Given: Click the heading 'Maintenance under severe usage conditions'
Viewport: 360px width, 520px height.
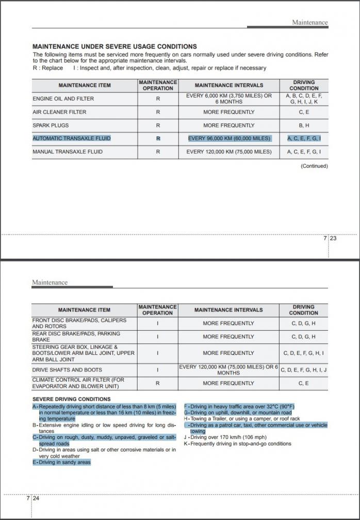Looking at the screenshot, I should click(x=114, y=46).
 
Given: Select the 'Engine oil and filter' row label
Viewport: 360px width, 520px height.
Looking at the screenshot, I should click(x=63, y=99).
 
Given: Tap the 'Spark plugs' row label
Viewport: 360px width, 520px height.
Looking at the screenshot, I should click(x=51, y=125).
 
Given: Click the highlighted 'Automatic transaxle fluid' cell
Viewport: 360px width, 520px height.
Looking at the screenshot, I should click(x=72, y=138).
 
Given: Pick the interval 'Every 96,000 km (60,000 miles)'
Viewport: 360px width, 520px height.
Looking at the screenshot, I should click(x=229, y=138).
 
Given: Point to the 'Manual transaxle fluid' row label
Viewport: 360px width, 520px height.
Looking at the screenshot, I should click(x=68, y=152).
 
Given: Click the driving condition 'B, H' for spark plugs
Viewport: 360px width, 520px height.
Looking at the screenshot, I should click(x=304, y=125).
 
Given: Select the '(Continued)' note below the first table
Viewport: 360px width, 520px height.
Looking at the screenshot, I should click(x=314, y=166).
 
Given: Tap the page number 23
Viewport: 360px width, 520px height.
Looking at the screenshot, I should click(x=333, y=238).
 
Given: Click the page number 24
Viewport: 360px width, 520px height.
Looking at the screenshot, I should click(x=36, y=498).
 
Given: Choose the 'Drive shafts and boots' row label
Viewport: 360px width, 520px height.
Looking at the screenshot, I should click(x=67, y=370).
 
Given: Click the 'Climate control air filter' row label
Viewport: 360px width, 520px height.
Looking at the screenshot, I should click(x=78, y=383).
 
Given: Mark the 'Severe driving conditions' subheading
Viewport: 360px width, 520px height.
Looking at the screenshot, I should click(x=71, y=399).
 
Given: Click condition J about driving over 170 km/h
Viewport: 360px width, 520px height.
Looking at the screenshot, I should click(x=225, y=437).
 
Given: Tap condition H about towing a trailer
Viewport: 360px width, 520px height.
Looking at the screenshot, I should click(x=242, y=419).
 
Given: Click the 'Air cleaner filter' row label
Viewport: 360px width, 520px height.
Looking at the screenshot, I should click(x=59, y=112).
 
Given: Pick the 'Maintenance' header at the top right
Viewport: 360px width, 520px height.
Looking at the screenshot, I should click(x=309, y=23).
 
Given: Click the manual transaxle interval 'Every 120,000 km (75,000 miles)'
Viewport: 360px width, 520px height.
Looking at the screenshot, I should click(x=229, y=152).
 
